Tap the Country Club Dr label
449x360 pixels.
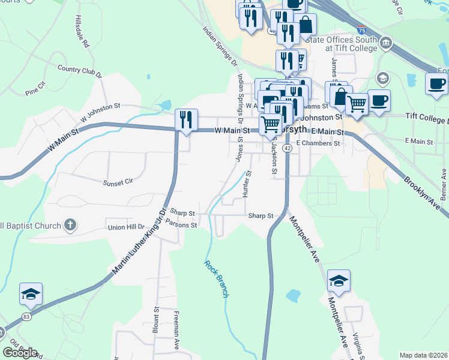click(80, 71)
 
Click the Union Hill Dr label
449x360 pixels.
click(127, 227)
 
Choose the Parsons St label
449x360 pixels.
click(182, 225)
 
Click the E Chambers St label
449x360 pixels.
click(318, 143)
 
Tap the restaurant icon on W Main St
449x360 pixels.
click(186, 119)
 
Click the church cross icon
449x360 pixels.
click(70, 226)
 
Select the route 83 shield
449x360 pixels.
click(26, 316)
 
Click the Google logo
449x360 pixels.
click(20, 352)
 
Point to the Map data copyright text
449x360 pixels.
click(424, 355)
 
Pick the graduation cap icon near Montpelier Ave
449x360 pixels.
click(339, 281)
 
